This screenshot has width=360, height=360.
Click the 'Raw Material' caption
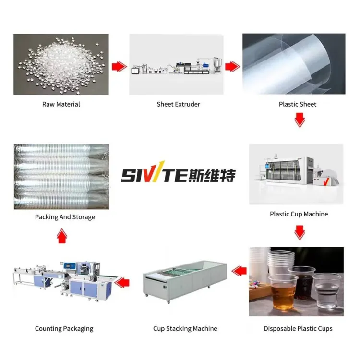click(61, 104)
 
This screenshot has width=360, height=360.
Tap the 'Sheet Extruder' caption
click(179, 104)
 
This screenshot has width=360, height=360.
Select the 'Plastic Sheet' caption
click(298, 104)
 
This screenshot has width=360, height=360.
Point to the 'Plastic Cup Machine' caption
click(299, 214)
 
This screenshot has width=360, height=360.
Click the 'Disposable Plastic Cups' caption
click(298, 328)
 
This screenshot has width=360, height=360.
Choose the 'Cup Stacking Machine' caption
click(185, 328)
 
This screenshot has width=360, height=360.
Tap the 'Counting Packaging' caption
click(64, 329)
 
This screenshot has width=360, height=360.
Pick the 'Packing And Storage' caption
click(65, 217)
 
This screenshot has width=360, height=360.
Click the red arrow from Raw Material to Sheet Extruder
click(119, 67)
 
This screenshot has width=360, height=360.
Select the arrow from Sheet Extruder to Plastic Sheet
click(232, 67)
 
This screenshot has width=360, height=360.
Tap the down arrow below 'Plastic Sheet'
click(300, 120)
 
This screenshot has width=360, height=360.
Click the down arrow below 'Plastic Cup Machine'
click(300, 233)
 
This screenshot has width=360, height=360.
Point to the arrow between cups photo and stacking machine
click(239, 271)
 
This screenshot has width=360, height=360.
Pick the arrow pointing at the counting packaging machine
click(122, 282)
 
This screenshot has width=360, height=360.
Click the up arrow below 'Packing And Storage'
click(62, 236)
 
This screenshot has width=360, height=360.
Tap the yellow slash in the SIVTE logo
click(159, 171)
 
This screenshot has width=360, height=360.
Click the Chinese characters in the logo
click(212, 175)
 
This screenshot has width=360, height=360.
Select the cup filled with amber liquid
click(283, 291)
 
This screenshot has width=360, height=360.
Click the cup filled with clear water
click(326, 291)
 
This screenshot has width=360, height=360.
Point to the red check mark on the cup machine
click(326, 181)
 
